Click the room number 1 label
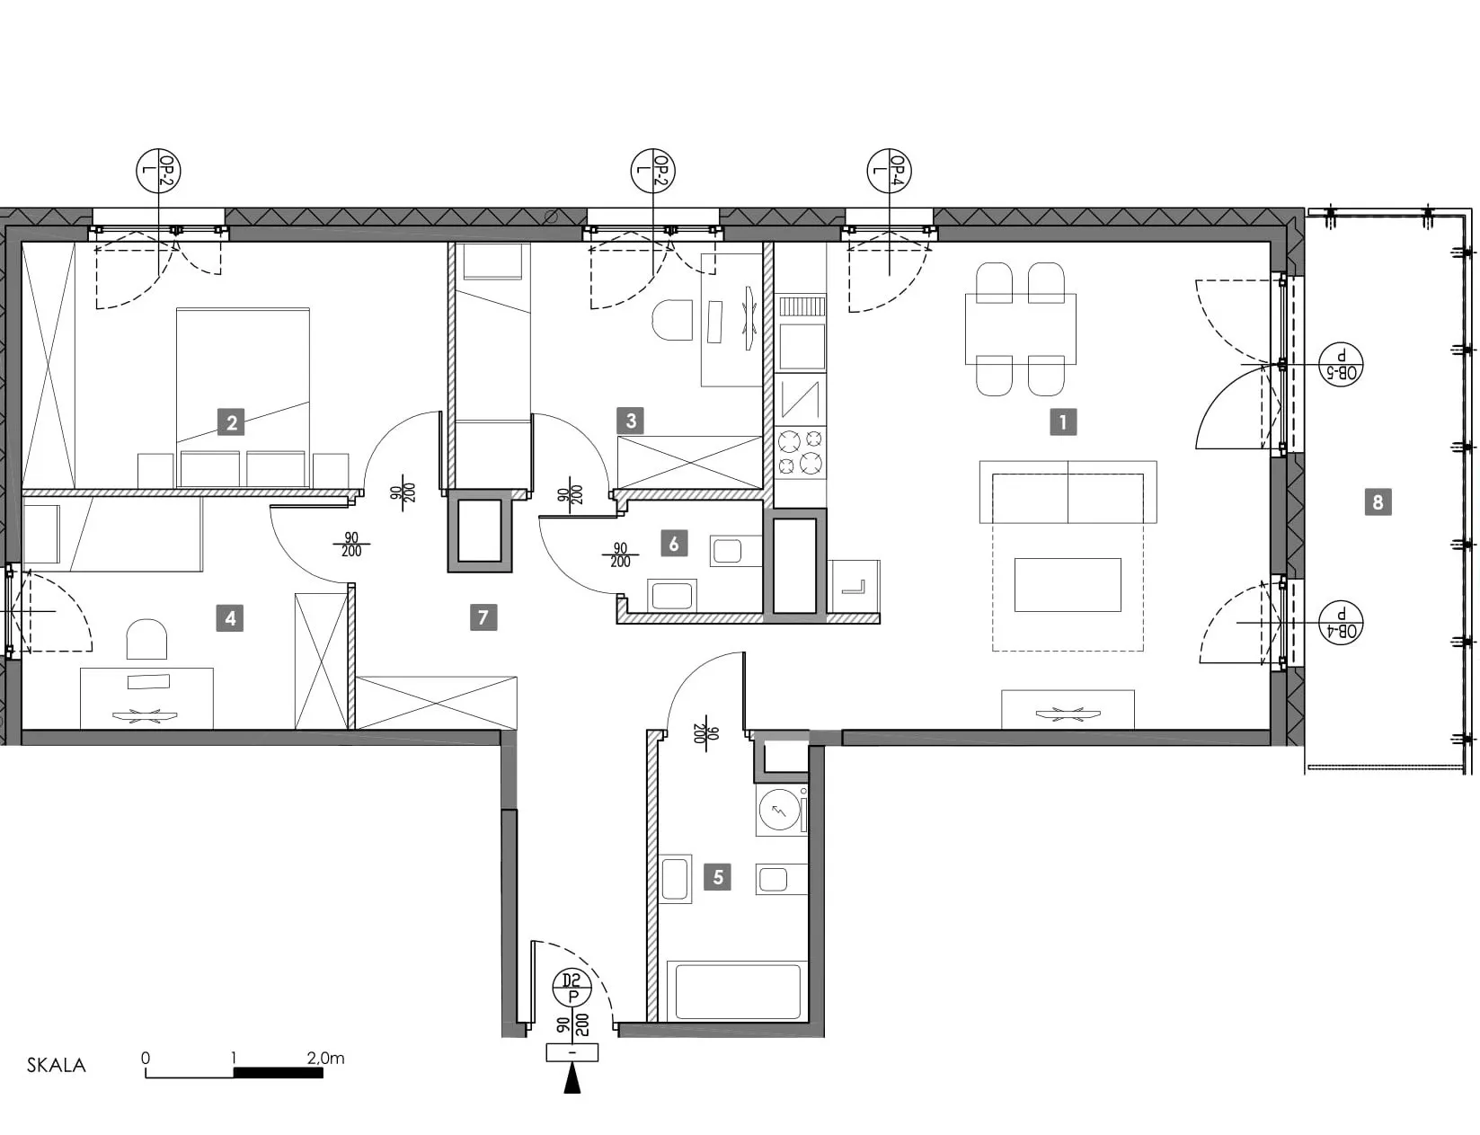1062,422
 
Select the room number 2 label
232,422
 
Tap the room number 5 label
717,877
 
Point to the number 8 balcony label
1378,502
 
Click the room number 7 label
483,616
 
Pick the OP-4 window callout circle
889,170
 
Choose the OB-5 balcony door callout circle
1341,364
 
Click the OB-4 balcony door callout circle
1341,623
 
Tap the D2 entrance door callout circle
572,989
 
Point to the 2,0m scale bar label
325,1059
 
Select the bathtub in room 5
738,991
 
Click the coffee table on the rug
1068,585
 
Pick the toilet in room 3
671,320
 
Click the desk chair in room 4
146,639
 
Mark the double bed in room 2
243,397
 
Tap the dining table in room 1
1020,329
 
